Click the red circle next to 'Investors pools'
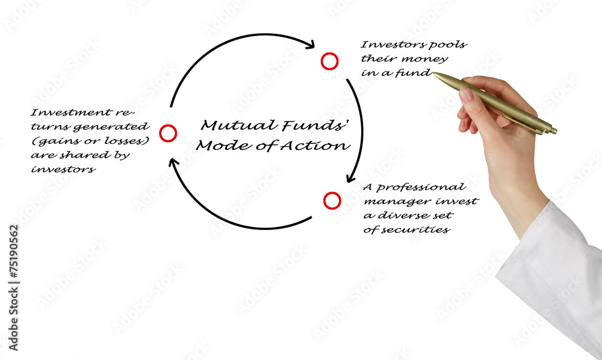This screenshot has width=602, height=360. [x=329, y=61]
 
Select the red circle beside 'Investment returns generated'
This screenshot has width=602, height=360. [x=168, y=133]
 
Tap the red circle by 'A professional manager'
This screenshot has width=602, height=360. [x=332, y=200]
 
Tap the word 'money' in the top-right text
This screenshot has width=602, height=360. [x=429, y=59]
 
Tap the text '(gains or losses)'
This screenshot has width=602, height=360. [x=90, y=141]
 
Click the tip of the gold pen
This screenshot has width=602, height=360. [x=435, y=75]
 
